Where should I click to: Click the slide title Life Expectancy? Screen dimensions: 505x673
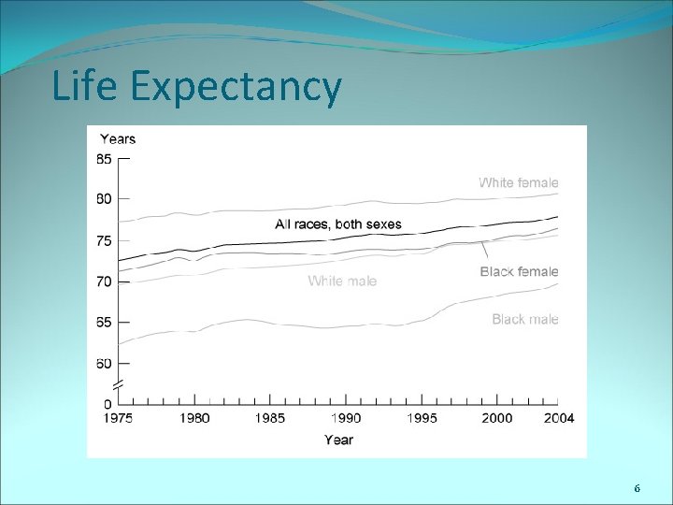[x=196, y=87]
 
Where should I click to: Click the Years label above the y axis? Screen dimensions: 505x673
[x=117, y=139]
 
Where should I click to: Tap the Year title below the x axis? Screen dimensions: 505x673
[x=338, y=439]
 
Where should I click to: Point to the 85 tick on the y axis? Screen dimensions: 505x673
[x=103, y=159]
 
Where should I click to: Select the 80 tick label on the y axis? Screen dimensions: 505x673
[x=103, y=199]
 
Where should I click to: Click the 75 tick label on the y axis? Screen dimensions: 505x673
[x=103, y=240]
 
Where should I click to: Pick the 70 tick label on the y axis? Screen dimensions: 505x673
[x=103, y=281]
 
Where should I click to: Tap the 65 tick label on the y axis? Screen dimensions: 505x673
[x=103, y=323]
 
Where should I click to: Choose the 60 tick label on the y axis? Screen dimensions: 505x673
[x=103, y=364]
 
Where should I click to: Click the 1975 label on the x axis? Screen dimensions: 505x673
[x=117, y=418]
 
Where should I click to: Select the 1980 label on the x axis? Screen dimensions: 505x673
[x=193, y=418]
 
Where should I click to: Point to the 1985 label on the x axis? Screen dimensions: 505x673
[x=270, y=418]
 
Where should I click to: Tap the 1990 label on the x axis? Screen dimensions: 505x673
[x=346, y=418]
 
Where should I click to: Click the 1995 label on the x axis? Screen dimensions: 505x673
[x=422, y=418]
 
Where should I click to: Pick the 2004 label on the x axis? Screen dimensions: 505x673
[x=558, y=418]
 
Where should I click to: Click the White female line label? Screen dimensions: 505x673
[x=518, y=183]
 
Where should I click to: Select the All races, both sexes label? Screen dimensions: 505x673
[x=337, y=224]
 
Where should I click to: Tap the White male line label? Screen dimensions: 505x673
[x=342, y=281]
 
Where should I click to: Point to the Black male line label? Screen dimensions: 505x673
[x=525, y=320]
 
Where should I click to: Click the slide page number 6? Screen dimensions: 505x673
[x=637, y=489]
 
